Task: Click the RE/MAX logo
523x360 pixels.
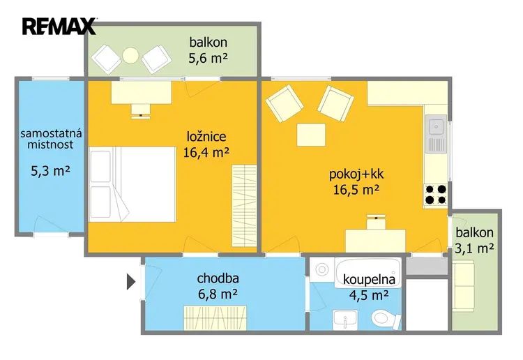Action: (x=59, y=27)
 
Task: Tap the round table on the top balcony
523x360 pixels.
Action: (x=130, y=56)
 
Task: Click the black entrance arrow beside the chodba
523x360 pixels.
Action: (x=131, y=282)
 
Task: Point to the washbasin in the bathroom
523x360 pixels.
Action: (x=345, y=320)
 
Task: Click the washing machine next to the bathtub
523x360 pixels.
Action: (x=321, y=269)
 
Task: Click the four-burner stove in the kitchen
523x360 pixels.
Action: (x=436, y=195)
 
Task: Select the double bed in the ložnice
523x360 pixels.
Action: (x=132, y=184)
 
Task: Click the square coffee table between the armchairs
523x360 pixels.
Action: (x=311, y=135)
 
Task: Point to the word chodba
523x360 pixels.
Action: (x=218, y=278)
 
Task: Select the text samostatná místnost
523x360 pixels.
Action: (x=51, y=139)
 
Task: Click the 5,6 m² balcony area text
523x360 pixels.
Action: (x=208, y=59)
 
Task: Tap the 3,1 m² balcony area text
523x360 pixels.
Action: (x=475, y=248)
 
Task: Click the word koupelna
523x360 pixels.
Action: (x=369, y=279)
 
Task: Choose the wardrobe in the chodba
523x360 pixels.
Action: (x=215, y=318)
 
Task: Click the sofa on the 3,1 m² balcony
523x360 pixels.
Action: (x=464, y=285)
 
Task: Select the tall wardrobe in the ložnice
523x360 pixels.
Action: (x=245, y=206)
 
